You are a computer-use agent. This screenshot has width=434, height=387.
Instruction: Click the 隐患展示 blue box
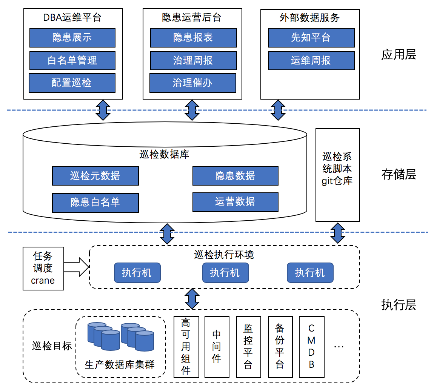click(x=72, y=37)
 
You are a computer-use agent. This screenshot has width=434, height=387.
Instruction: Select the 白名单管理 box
click(x=72, y=60)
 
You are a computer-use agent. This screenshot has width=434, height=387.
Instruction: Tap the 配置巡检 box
click(x=72, y=83)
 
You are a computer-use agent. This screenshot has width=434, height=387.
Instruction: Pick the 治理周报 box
click(x=193, y=60)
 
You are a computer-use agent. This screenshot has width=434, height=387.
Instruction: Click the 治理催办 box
click(x=192, y=83)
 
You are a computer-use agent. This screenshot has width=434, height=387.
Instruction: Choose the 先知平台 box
click(x=311, y=37)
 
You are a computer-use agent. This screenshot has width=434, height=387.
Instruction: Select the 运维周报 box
click(x=311, y=60)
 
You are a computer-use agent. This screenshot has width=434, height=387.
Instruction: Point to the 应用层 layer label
click(x=399, y=55)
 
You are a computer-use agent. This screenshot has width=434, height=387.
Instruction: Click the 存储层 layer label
click(x=399, y=174)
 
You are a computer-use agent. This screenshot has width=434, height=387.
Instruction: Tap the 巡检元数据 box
click(x=95, y=176)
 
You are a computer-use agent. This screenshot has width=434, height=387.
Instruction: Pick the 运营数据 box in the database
click(x=235, y=202)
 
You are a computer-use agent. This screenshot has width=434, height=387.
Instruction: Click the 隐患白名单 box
click(x=95, y=203)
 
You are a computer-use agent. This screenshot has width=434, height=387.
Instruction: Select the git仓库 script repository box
click(x=337, y=175)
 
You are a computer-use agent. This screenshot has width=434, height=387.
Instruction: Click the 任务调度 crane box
click(x=43, y=268)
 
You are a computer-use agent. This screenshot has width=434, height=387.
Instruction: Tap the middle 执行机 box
click(x=225, y=273)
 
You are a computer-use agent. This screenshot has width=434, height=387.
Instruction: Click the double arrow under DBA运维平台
click(x=103, y=110)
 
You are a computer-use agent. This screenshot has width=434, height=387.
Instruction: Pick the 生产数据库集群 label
click(x=120, y=365)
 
